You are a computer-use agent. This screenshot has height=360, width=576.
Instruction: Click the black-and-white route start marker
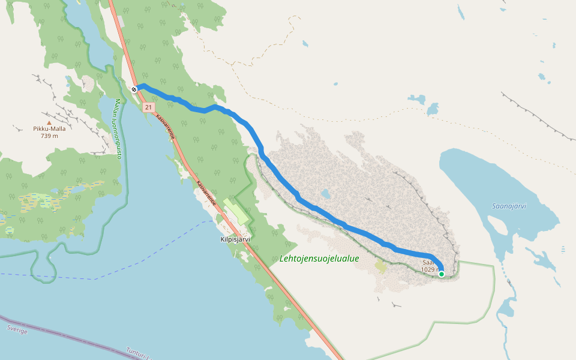[x=134, y=89]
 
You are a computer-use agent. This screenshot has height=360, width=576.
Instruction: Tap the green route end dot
[x=442, y=274]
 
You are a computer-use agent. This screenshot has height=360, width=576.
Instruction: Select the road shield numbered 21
[x=149, y=107]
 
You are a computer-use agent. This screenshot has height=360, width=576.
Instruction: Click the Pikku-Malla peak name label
[x=49, y=128]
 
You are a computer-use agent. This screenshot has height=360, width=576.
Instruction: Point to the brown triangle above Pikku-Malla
[x=49, y=122]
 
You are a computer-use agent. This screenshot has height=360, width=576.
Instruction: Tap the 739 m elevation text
[x=49, y=136]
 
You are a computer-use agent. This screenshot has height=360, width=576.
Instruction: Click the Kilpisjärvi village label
[x=235, y=239]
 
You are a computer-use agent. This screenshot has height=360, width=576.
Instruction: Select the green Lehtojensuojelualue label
[x=319, y=259]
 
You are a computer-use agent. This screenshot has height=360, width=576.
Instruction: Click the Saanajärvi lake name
[x=509, y=206]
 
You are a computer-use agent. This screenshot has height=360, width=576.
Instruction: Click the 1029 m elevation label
[x=430, y=269]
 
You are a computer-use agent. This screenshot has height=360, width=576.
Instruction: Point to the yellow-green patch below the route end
[x=380, y=266]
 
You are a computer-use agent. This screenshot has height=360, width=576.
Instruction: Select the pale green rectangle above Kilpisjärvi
[x=236, y=212]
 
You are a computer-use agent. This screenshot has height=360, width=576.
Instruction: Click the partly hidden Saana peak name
[x=428, y=263]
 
